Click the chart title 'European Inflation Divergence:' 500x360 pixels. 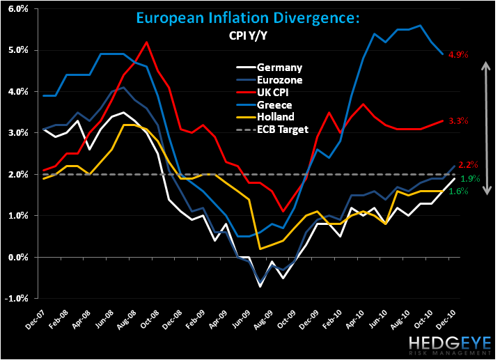click(248, 18)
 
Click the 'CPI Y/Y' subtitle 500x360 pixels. click(248, 36)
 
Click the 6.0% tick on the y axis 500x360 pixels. click(18, 8)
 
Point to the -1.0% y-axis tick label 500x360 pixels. click(16, 299)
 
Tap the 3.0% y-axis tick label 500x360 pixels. click(18, 132)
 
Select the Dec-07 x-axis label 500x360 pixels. click(36, 320)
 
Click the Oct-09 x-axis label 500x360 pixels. click(286, 320)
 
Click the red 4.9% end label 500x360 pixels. click(458, 55)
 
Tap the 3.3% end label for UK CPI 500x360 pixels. click(458, 121)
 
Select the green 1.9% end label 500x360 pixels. click(470, 178)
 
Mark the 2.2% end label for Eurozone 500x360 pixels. click(468, 165)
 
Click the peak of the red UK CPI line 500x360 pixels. click(146, 42)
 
